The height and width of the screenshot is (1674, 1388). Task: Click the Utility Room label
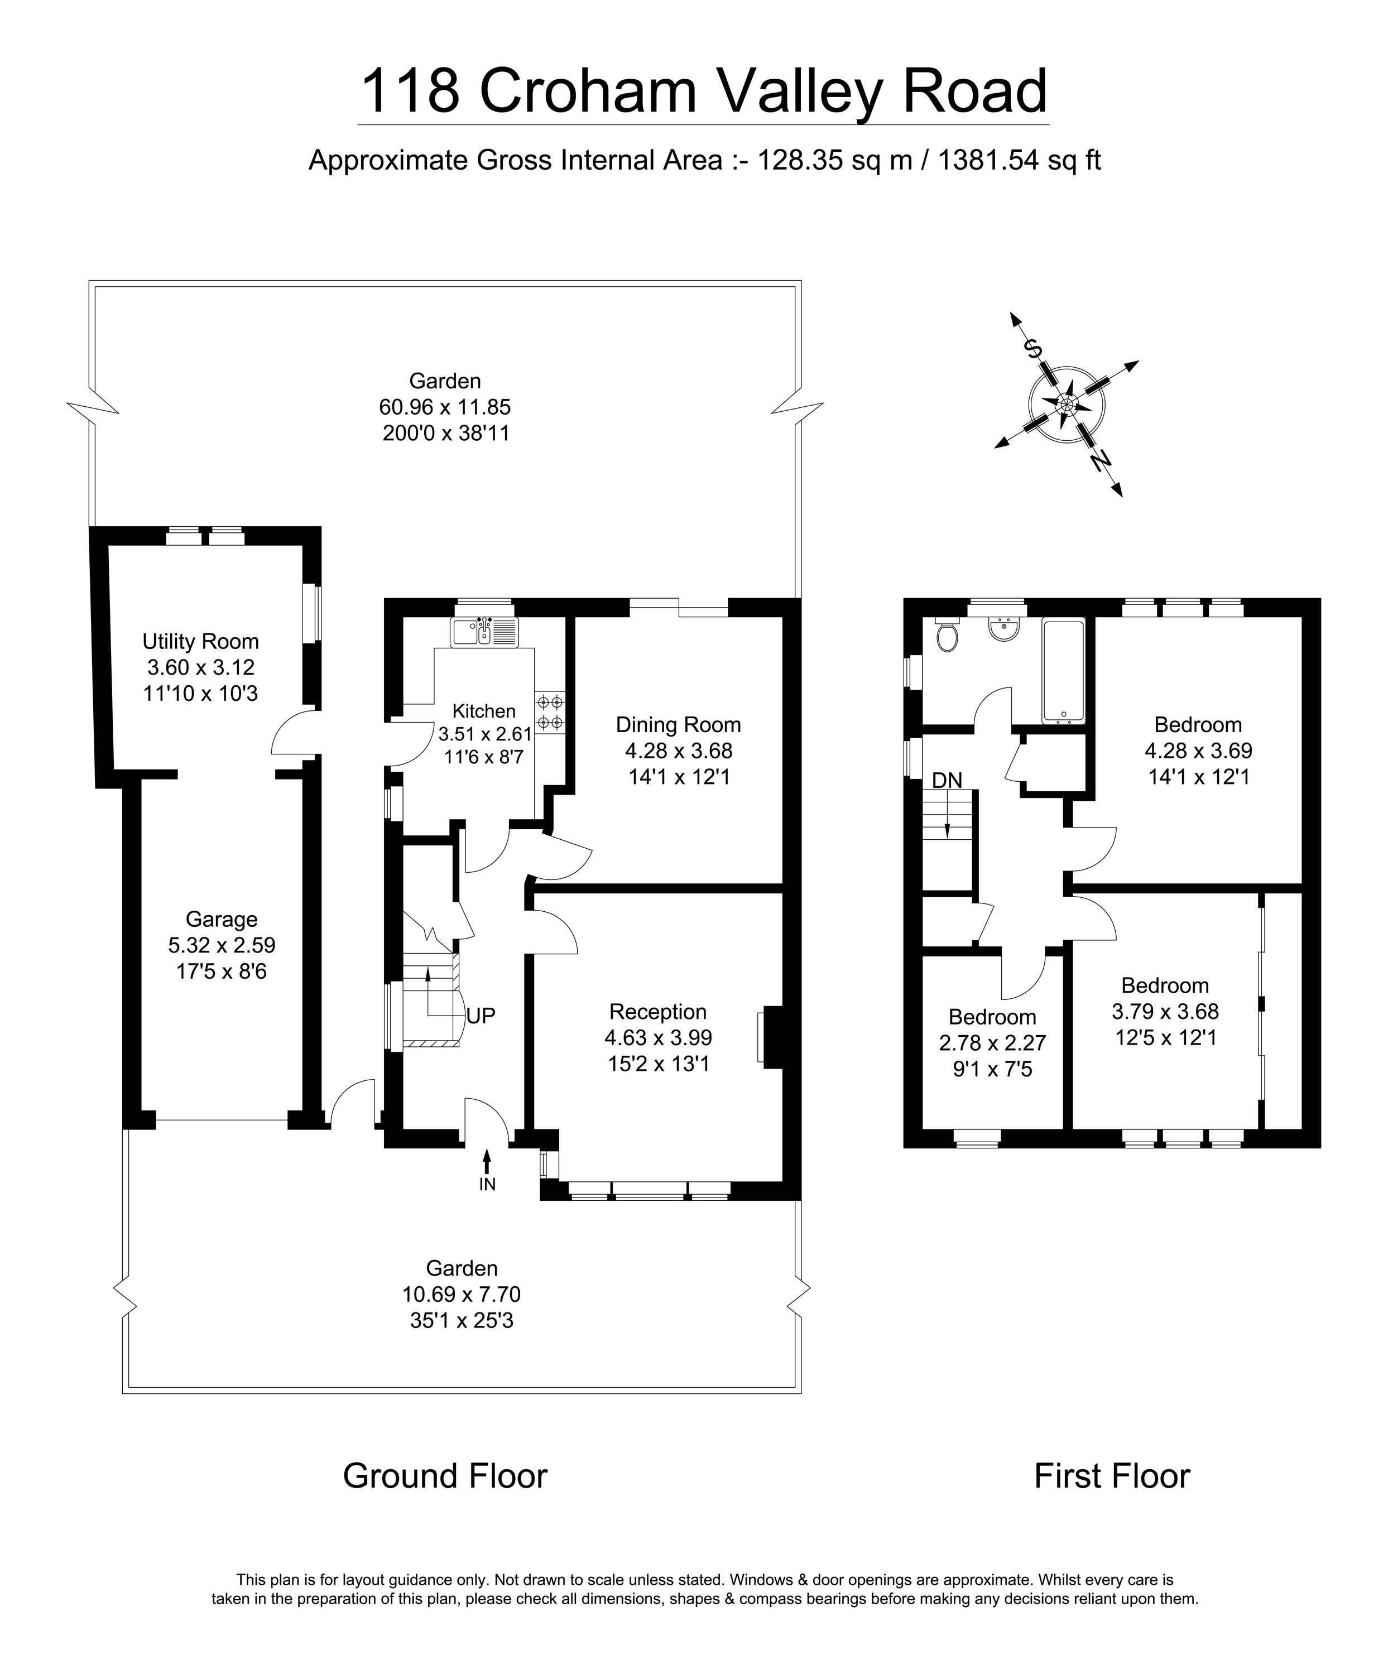[x=200, y=641]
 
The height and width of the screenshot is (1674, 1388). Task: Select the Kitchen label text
[x=484, y=711]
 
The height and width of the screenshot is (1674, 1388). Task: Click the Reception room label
[x=658, y=1012]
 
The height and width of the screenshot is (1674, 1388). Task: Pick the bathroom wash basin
[x=1003, y=628]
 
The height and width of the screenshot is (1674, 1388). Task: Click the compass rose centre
[x=1067, y=404]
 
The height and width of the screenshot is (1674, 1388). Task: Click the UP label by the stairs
[x=481, y=1016]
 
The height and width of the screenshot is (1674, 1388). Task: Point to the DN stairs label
[x=947, y=781]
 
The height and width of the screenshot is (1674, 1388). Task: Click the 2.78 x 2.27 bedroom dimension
[x=992, y=1043]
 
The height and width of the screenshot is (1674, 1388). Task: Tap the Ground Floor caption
[x=445, y=1475]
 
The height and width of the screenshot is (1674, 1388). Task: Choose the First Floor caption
[x=1111, y=1475]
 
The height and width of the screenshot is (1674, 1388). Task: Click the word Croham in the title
[x=588, y=91]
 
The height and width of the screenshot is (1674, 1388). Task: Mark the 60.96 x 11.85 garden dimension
[x=444, y=407]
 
